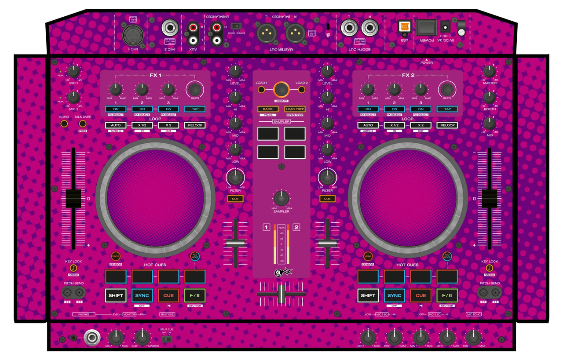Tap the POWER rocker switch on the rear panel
click(426, 28)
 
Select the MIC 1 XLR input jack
click(132, 30)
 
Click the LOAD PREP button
click(295, 109)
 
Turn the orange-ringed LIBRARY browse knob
click(281, 90)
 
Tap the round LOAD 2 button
click(302, 90)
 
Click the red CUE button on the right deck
click(420, 295)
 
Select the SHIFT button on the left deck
click(116, 295)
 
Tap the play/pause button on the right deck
click(447, 295)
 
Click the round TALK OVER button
click(82, 124)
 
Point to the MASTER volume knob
click(489, 71)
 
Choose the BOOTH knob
click(489, 97)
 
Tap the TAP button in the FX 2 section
click(447, 109)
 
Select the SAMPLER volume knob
click(281, 197)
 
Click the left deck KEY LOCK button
click(73, 268)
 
